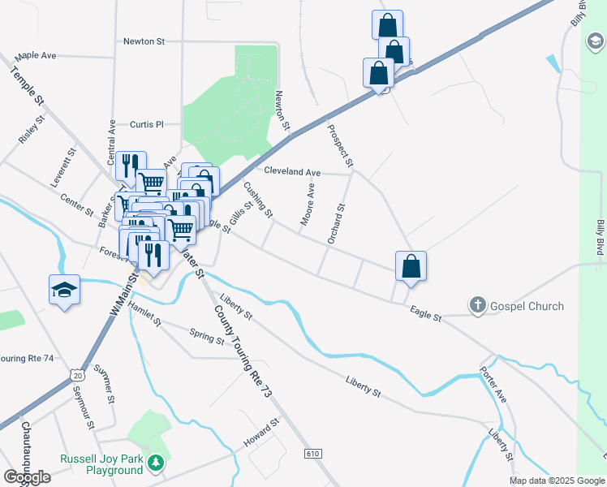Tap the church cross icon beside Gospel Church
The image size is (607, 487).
[x=478, y=306]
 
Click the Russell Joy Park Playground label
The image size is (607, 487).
[x=101, y=464]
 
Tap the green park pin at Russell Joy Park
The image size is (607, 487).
[x=155, y=464]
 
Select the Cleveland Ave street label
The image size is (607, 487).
[x=292, y=172]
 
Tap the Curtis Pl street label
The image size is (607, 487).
[x=147, y=124]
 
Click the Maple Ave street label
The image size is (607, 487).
[x=36, y=55]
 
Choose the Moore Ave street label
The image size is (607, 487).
[x=308, y=205]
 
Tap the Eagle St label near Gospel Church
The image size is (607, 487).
[x=425, y=313]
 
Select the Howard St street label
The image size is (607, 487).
[x=262, y=433]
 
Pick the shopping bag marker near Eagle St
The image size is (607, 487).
[x=411, y=265]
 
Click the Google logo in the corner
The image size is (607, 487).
[x=27, y=477]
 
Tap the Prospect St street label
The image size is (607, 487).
[x=340, y=145]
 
